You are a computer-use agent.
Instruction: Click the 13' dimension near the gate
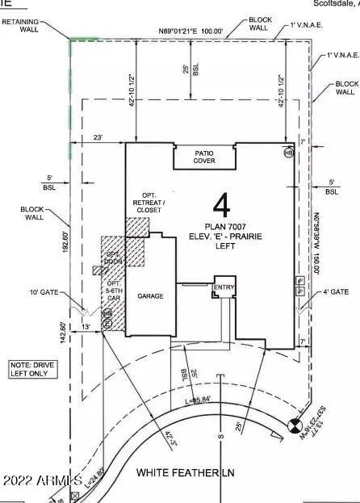pos(86,327)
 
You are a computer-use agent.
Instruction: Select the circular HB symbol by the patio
pos(289,152)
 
